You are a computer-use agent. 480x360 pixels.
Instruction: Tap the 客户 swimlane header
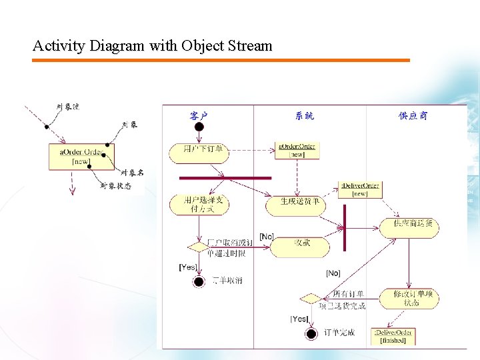199,116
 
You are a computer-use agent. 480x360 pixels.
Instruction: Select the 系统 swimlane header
305,116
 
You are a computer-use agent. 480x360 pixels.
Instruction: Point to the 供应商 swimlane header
413,116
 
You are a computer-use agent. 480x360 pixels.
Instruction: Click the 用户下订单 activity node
198,151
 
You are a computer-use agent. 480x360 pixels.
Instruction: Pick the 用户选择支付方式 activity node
198,204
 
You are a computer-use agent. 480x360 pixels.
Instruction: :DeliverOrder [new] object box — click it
360,189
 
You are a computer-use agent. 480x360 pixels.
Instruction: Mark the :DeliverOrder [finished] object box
393,336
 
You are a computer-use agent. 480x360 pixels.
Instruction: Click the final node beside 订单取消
198,281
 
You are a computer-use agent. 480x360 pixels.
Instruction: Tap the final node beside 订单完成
310,333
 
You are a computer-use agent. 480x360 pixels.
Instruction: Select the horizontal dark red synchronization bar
225,178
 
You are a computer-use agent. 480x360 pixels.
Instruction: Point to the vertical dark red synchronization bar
344,227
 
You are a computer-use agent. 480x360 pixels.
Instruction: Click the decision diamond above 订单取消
198,247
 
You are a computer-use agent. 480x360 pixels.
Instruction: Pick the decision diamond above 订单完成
310,298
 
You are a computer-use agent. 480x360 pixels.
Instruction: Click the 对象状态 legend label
115,186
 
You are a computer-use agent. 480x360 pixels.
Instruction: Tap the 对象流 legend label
68,107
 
